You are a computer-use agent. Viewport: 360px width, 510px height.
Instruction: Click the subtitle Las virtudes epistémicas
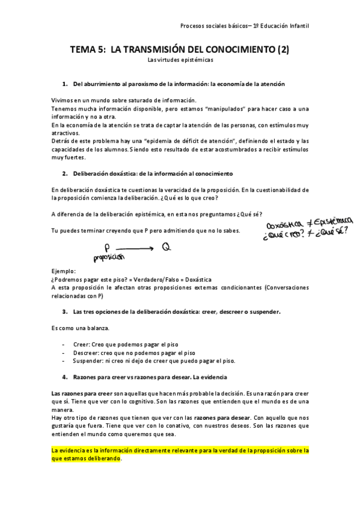click(x=180, y=60)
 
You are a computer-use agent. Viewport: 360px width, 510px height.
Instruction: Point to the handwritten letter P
click(x=106, y=247)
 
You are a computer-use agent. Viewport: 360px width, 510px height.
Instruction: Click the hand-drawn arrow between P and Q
click(x=135, y=247)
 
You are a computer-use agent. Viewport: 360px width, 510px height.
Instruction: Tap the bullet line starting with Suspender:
click(x=154, y=361)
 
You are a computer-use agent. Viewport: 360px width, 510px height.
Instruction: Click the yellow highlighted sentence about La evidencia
click(x=180, y=453)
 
